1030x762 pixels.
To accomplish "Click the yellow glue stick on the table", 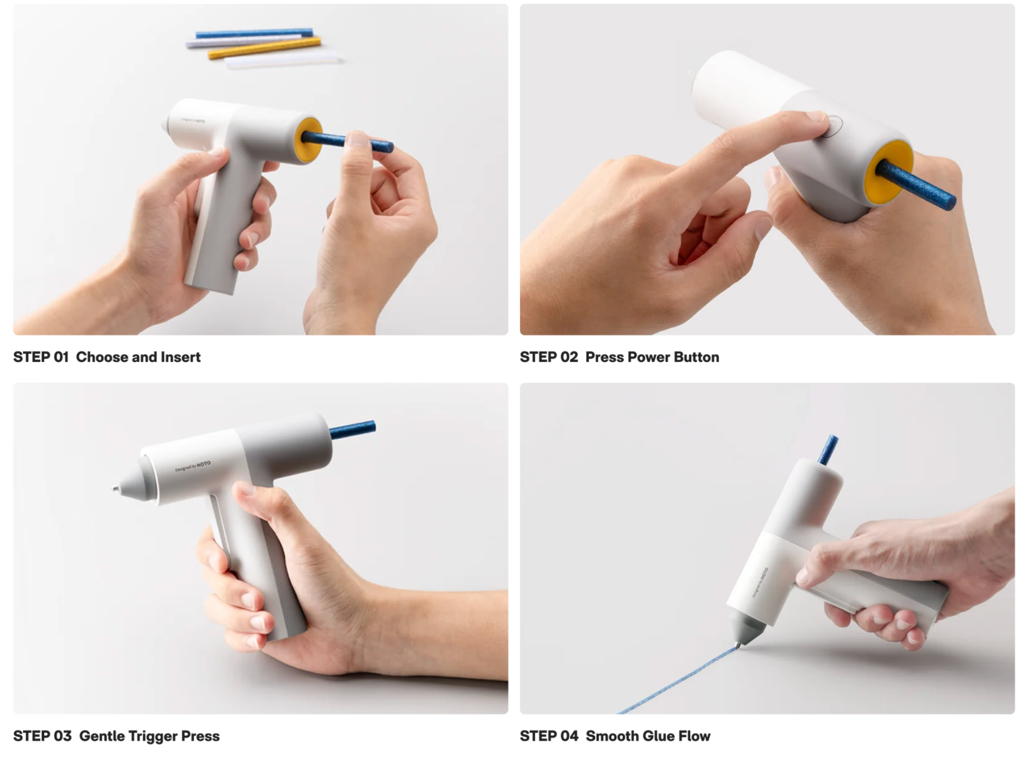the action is point(265,47).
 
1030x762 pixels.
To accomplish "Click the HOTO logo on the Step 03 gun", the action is point(203,464).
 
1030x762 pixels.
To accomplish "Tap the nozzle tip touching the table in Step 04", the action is point(739,645).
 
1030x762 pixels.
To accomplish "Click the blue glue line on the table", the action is point(678,680).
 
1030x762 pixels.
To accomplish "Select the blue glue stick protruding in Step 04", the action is point(829,450).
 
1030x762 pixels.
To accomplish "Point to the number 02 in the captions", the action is point(569,357).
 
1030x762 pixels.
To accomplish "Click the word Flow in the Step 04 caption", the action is point(694,736).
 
